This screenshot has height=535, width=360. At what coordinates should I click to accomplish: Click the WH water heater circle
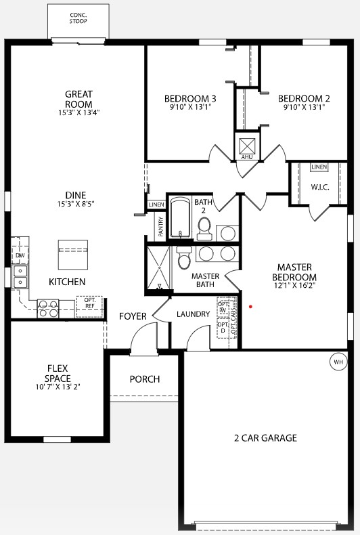coord(338,361)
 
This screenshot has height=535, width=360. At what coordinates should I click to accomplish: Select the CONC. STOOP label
coord(78,18)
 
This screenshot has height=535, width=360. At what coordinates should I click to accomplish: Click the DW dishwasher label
coord(20,255)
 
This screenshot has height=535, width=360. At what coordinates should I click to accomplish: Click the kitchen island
coord(73,255)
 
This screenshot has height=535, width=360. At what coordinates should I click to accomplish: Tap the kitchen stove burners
coord(49,309)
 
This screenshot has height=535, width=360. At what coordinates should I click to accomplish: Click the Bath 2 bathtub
coord(180,218)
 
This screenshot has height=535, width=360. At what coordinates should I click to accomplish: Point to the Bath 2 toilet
coord(204,230)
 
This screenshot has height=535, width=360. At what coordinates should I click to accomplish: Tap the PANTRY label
coord(160,226)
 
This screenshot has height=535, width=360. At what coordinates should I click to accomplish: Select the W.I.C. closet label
coord(320,187)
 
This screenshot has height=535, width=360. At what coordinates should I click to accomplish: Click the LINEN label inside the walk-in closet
coord(319,167)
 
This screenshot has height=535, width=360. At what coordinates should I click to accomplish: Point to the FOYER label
coord(133,316)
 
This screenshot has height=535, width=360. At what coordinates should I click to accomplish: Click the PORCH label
coord(145,379)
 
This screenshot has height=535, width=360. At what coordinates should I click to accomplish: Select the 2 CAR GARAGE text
coord(265,438)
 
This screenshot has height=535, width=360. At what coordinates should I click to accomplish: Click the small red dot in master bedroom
coord(251,306)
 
